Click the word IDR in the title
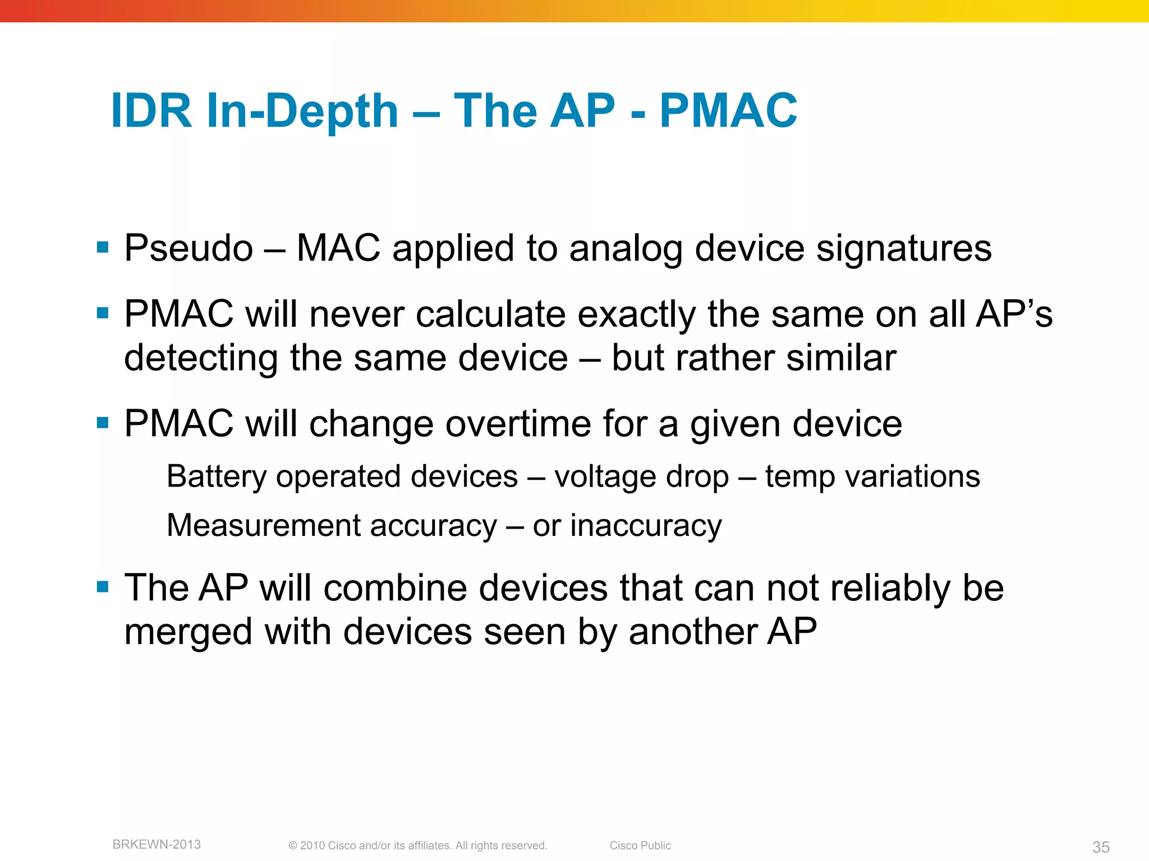(x=151, y=110)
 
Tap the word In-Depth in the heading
(x=302, y=112)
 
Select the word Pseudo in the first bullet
(x=189, y=248)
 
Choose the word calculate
(x=490, y=314)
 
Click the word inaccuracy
(x=646, y=526)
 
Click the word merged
(x=188, y=632)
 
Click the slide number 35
(x=1101, y=847)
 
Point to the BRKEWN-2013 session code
(x=157, y=844)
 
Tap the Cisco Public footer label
(x=640, y=845)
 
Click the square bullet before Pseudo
(x=103, y=247)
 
